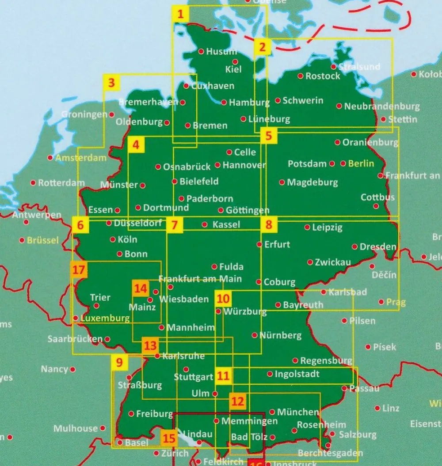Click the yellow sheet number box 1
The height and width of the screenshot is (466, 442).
coord(180,14)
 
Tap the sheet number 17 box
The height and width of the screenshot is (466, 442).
coord(78,269)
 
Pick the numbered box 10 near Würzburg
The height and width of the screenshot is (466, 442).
coord(223,299)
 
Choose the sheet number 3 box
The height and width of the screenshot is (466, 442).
coord(111,83)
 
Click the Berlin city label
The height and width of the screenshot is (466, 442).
coord(361,163)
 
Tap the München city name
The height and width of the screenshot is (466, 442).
coord(298,412)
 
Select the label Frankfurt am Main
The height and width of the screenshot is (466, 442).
coord(200,279)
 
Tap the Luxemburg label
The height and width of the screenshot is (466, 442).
coord(105,318)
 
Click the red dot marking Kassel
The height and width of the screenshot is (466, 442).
coord(204,224)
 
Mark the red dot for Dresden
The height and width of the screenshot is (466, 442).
coord(354,246)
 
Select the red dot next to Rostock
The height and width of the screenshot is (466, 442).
coord(300,76)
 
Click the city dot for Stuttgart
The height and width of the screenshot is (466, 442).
coord(186,369)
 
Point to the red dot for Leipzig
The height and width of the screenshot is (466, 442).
coord(307,227)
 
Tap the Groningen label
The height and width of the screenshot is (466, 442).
coord(84,114)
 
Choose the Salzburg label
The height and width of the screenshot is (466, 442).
coord(358,435)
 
